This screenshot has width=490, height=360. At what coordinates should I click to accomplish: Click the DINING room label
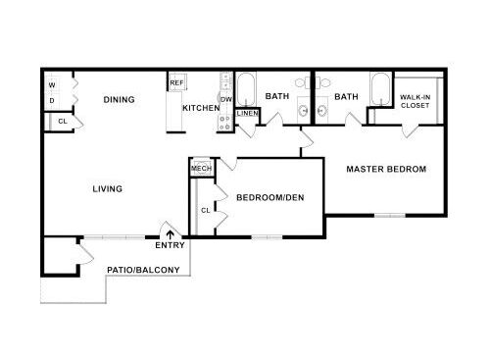point(119,100)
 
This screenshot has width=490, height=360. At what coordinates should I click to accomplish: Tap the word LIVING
point(107,188)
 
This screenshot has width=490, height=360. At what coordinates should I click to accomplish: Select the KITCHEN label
point(201,108)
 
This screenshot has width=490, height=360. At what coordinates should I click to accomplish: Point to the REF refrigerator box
point(176,83)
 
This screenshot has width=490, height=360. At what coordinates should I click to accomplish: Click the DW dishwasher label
point(225,99)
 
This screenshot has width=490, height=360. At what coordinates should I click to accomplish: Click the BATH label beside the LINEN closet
point(276,96)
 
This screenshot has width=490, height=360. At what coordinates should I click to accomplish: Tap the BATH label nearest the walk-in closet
point(345,96)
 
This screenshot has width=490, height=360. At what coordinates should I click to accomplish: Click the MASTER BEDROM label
point(387,169)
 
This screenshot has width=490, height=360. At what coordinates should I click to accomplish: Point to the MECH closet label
point(201,169)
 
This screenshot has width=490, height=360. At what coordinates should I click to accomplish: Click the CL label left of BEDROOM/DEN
point(206,210)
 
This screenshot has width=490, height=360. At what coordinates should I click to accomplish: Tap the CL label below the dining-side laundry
point(62,121)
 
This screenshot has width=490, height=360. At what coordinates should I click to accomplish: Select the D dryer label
point(52,100)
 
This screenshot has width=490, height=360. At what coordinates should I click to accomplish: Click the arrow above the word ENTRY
point(171,234)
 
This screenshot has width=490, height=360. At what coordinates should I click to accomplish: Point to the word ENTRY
point(170,245)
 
